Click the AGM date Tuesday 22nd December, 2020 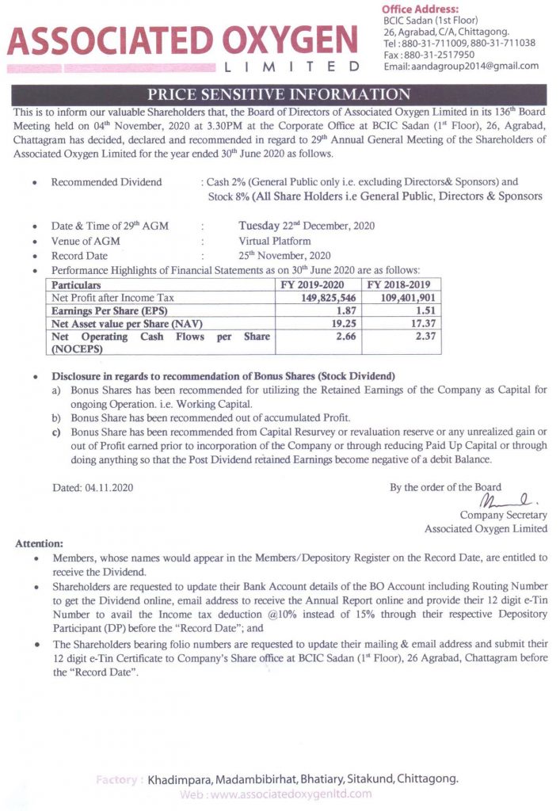pos(307,226)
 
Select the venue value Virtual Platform pos(275,241)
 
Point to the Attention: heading pos(38,544)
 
